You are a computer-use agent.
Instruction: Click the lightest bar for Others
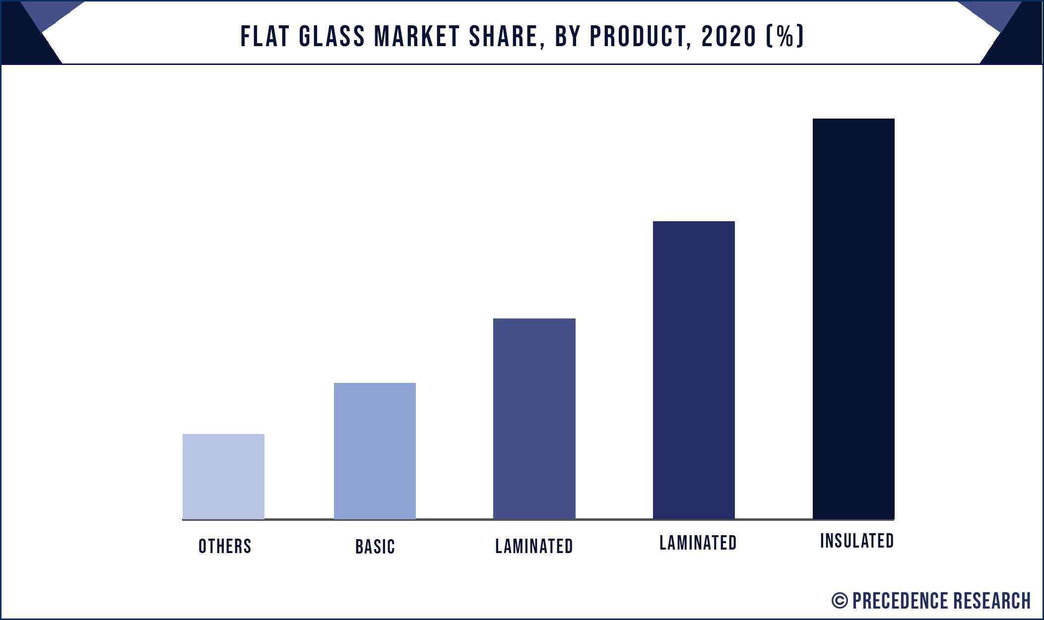pyautogui.click(x=223, y=476)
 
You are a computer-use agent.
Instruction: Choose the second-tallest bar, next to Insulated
pyautogui.click(x=694, y=370)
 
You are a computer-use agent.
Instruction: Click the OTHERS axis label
pyautogui.click(x=225, y=546)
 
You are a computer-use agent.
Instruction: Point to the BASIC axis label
pyautogui.click(x=375, y=547)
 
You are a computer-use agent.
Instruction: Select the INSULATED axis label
pyautogui.click(x=857, y=541)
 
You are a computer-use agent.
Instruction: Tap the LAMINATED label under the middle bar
pyautogui.click(x=534, y=546)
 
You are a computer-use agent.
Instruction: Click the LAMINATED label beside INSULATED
pyautogui.click(x=698, y=543)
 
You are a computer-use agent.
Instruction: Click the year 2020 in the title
pyautogui.click(x=729, y=36)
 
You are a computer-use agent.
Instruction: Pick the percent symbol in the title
pyautogui.click(x=785, y=36)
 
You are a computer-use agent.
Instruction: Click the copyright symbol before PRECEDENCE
pyautogui.click(x=840, y=601)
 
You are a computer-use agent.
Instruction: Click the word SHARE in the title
pyautogui.click(x=506, y=36)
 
